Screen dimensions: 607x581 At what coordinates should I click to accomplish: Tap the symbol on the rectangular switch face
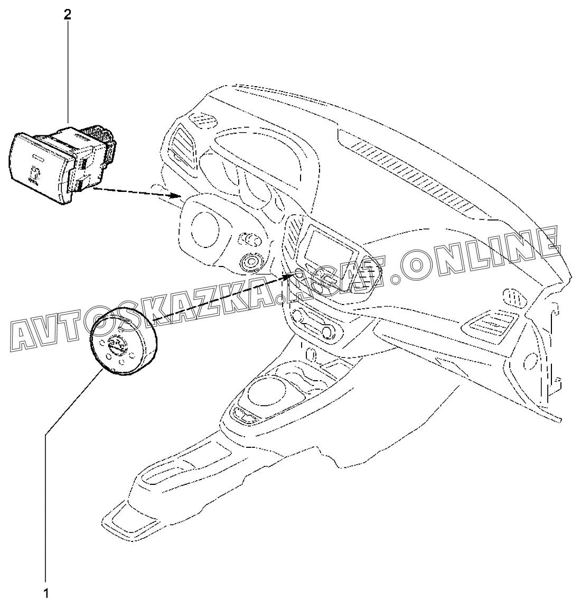tap(35, 174)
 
